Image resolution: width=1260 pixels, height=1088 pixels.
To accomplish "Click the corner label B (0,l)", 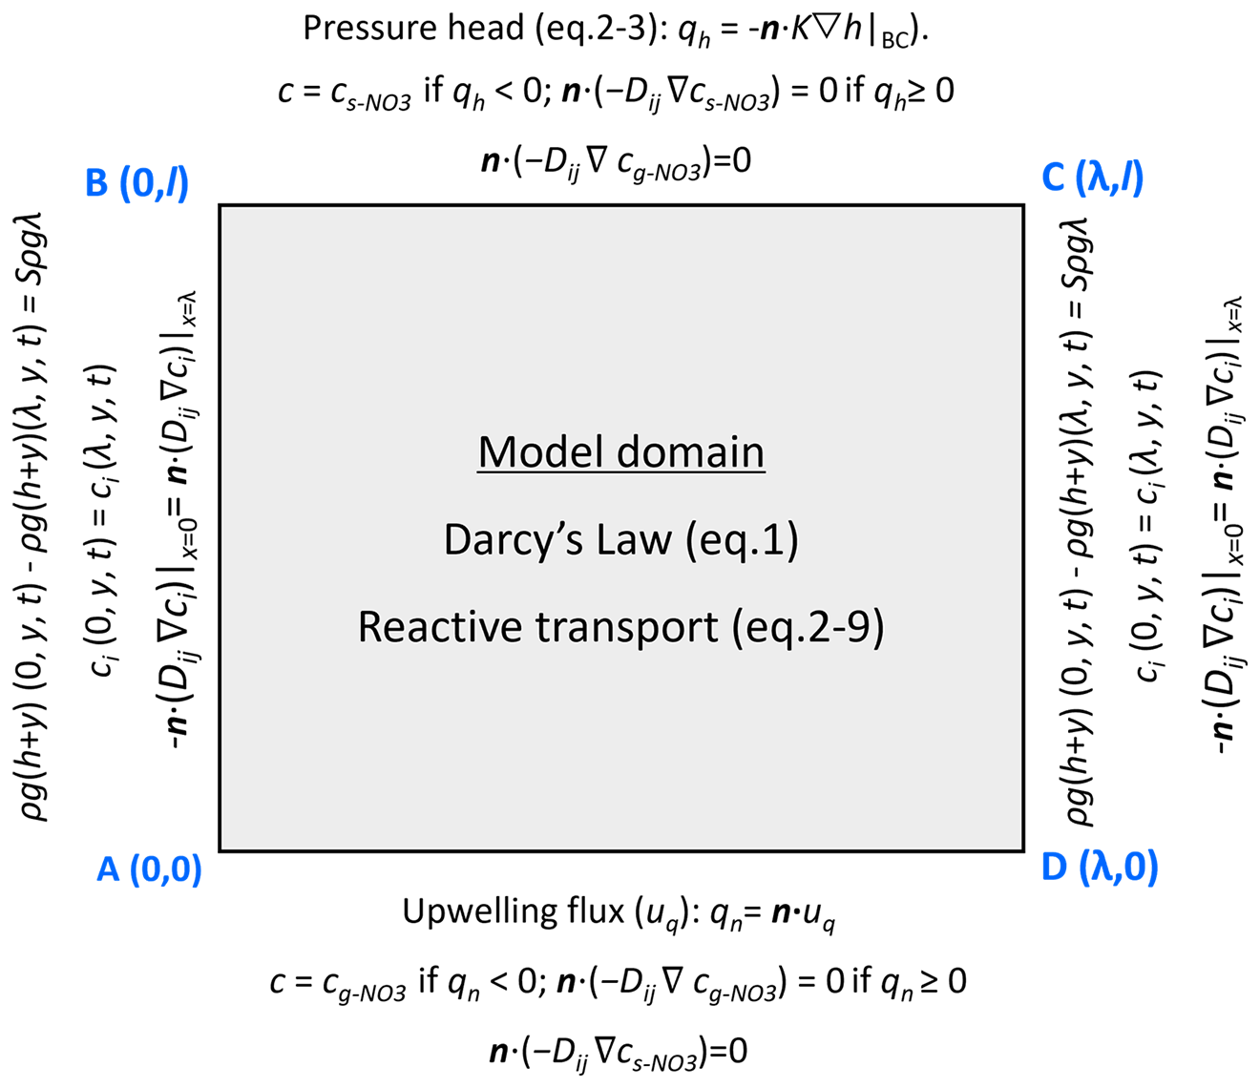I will point(137,180).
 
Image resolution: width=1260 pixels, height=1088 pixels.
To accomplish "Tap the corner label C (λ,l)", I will point(1092,178).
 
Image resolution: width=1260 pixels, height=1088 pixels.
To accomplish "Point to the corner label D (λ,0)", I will point(1099,868).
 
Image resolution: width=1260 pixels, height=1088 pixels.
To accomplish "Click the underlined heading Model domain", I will point(621,451).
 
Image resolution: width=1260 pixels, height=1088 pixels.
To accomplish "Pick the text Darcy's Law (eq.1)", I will point(621,540).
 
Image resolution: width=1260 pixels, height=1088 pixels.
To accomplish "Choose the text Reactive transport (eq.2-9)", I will point(621,627).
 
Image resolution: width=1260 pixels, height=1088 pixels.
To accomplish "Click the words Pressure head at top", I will point(412,29).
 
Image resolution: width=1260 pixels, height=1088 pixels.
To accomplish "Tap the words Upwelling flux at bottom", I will point(513,911).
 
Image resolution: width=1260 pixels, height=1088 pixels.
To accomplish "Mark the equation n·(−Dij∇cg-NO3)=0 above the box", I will point(617,160).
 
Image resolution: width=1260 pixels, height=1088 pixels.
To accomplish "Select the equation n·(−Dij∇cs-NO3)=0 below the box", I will point(619,1052).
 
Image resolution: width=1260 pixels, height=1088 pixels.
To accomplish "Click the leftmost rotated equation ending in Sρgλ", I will point(35,515).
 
